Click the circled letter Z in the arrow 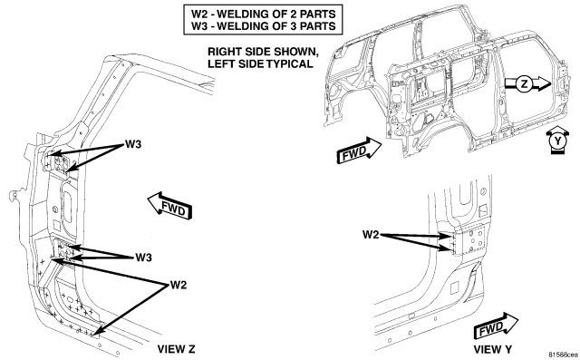(524, 84)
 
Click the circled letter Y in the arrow (556, 141)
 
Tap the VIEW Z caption (176, 349)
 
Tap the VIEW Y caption (493, 349)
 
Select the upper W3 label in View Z (133, 144)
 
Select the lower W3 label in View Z (143, 257)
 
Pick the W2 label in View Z (179, 285)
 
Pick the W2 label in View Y (371, 235)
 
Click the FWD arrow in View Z (169, 206)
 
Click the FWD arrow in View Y (497, 326)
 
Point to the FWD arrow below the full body (359, 151)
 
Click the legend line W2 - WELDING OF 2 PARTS (264, 14)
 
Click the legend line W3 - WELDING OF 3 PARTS (264, 26)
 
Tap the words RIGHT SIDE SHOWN (263, 51)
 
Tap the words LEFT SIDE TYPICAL (260, 63)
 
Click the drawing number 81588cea (564, 355)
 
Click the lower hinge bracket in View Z (66, 249)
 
